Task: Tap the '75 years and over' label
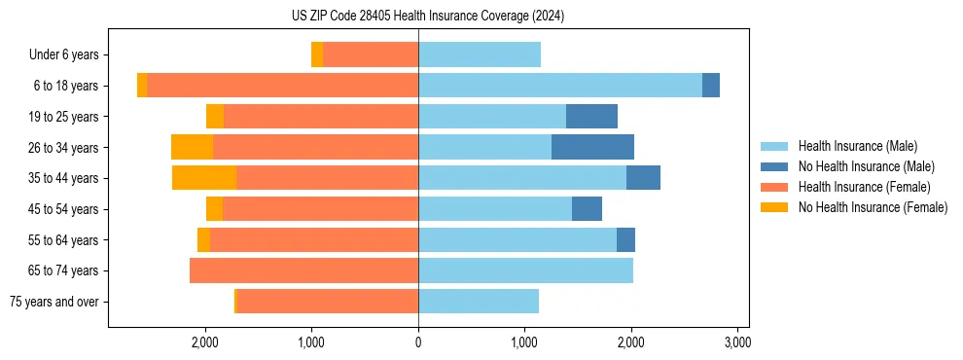[53, 302]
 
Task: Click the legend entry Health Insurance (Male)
[857, 146]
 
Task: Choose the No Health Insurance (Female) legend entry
[873, 207]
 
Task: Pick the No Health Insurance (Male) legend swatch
[775, 166]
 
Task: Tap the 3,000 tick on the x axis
[737, 342]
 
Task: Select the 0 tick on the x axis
[418, 342]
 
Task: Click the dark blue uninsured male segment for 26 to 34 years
[592, 147]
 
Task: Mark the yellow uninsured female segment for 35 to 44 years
[204, 178]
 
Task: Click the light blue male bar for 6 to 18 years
[560, 86]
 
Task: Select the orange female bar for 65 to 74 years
[303, 270]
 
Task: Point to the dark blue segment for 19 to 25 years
[591, 117]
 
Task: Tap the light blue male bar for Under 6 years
[480, 55]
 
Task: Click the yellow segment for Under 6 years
[317, 55]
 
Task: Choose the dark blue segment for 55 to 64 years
[625, 239]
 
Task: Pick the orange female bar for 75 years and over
[327, 302]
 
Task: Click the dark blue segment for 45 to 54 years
[587, 209]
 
